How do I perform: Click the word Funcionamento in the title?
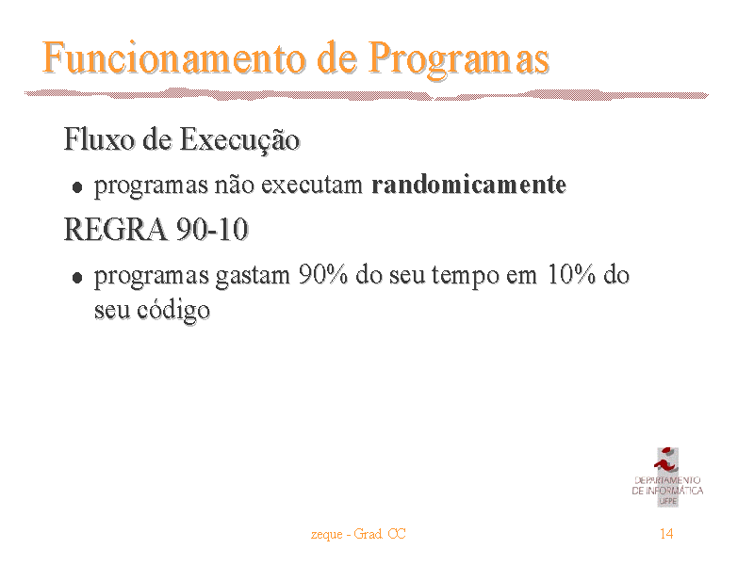(174, 58)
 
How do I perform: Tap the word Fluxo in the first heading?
(100, 139)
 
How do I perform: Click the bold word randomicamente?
(468, 185)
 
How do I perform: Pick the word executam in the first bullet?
(312, 186)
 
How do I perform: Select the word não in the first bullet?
(234, 185)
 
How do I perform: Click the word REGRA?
(115, 229)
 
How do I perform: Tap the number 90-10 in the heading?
(212, 229)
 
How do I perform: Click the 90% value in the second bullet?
(322, 275)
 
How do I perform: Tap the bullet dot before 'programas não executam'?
(77, 187)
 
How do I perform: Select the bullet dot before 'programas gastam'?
(77, 278)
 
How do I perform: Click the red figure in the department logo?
(666, 460)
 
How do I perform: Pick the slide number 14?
(666, 533)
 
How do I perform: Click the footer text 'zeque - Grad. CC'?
(358, 534)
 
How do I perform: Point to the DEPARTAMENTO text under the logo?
(667, 480)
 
